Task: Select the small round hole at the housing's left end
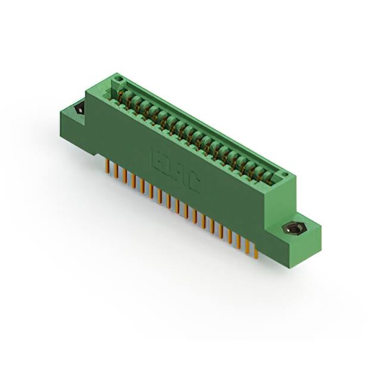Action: [118, 79]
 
